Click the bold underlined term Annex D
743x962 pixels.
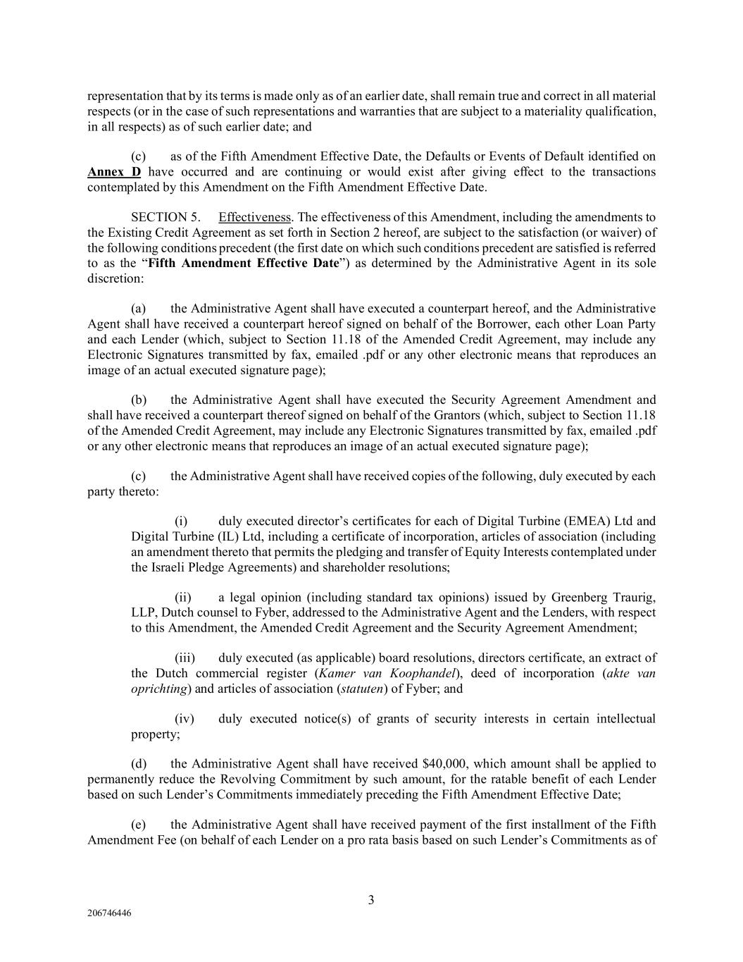pyautogui.click(x=113, y=172)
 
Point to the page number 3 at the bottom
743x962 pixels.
pyautogui.click(x=371, y=899)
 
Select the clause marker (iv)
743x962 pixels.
pyautogui.click(x=184, y=719)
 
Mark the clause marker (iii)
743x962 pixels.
pyautogui.click(x=185, y=658)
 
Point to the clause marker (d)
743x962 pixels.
pyautogui.click(x=139, y=763)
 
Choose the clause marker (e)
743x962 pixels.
pyautogui.click(x=139, y=825)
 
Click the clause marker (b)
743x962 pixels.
pyautogui.click(x=139, y=400)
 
